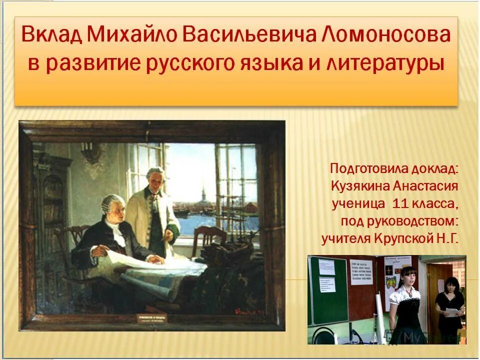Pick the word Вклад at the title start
click(x=51, y=35)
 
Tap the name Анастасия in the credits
click(x=424, y=186)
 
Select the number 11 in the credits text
click(x=401, y=203)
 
